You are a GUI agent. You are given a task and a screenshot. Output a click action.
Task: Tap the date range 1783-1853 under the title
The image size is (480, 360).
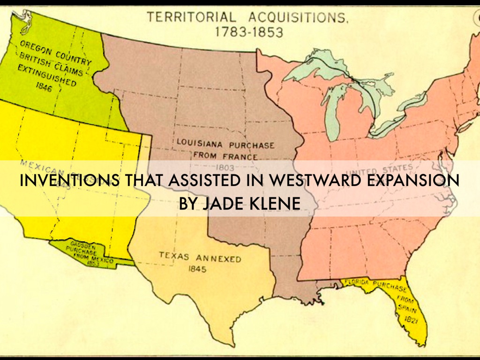249,32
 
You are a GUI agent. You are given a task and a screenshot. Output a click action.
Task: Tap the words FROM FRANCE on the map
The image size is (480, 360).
225,155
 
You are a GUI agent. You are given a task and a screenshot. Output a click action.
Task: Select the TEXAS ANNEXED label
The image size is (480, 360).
200,257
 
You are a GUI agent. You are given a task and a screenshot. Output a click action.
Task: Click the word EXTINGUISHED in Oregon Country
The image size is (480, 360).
46,75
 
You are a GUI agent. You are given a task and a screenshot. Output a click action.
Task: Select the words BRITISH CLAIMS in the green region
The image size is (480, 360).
52,65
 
